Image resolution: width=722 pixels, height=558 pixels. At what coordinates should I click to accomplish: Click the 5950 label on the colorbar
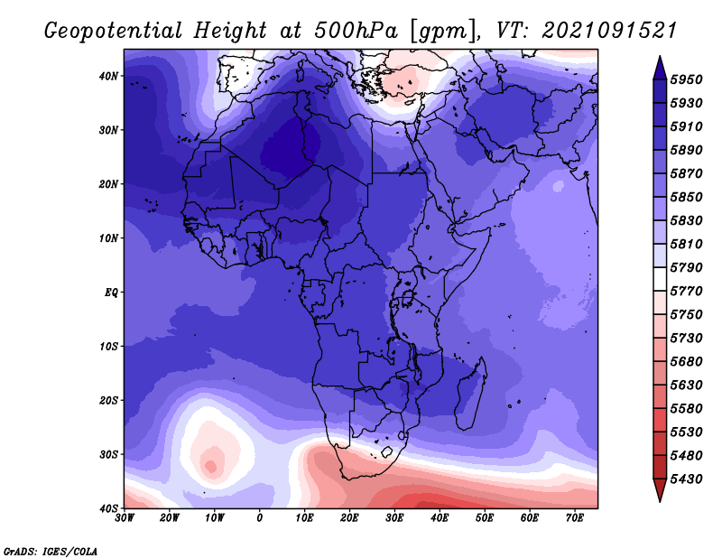pyautogui.click(x=686, y=79)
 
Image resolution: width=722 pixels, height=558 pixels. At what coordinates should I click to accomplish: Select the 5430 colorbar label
pyautogui.click(x=686, y=479)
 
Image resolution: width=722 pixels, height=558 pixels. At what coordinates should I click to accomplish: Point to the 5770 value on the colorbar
pyautogui.click(x=686, y=292)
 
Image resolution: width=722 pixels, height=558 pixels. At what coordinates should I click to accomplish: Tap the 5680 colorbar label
pyautogui.click(x=686, y=362)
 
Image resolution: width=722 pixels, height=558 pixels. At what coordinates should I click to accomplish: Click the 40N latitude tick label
pyautogui.click(x=108, y=76)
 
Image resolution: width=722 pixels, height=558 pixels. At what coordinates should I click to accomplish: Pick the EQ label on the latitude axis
pyautogui.click(x=111, y=293)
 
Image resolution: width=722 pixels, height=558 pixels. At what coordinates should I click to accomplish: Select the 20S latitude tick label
pyautogui.click(x=108, y=400)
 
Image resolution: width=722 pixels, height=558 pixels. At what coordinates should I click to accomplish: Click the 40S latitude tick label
pyautogui.click(x=108, y=508)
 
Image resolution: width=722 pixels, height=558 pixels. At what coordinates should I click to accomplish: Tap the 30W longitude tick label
pyautogui.click(x=125, y=518)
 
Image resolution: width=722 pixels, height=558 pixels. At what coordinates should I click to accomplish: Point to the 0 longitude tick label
pyautogui.click(x=260, y=518)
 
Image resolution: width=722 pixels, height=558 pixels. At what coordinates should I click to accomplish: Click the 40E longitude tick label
pyautogui.click(x=440, y=518)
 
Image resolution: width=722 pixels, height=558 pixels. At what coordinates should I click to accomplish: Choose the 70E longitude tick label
pyautogui.click(x=575, y=518)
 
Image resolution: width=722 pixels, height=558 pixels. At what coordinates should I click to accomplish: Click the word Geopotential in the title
pyautogui.click(x=114, y=32)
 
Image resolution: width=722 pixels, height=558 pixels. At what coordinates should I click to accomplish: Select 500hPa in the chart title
pyautogui.click(x=356, y=31)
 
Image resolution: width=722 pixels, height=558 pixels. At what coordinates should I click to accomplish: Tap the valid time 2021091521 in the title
pyautogui.click(x=609, y=31)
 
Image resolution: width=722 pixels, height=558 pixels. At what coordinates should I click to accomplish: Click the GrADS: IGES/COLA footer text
pyautogui.click(x=51, y=552)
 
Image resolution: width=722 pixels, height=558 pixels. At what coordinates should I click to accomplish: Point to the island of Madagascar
pyautogui.click(x=470, y=394)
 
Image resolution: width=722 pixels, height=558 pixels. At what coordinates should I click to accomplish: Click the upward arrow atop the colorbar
pyautogui.click(x=660, y=68)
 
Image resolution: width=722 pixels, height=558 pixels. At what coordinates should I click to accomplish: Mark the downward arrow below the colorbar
pyautogui.click(x=660, y=490)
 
